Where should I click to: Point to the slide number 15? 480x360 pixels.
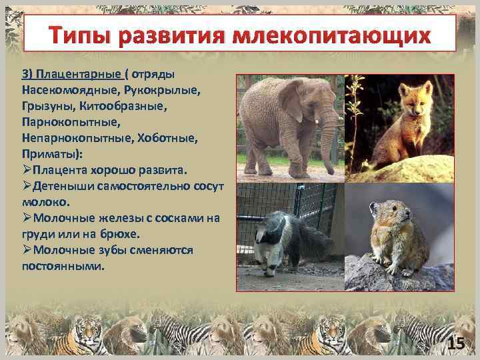pyautogui.click(x=455, y=344)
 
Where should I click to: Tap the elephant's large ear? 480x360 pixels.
pyautogui.click(x=294, y=100)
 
